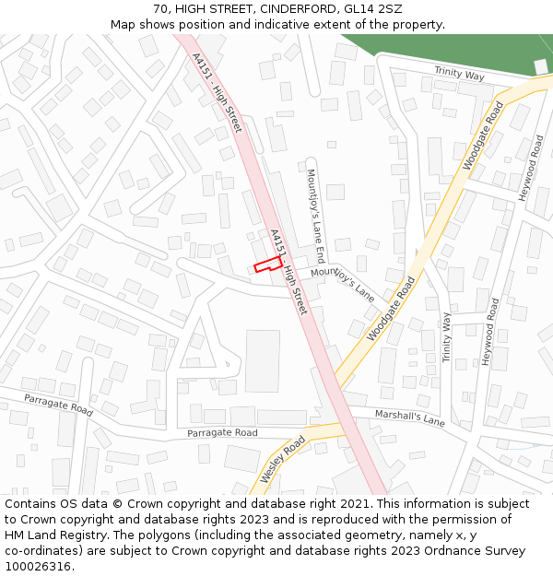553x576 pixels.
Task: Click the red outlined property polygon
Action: [x=268, y=264]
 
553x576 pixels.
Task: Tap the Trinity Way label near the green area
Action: [x=459, y=75]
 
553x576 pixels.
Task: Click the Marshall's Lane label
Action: [x=409, y=418]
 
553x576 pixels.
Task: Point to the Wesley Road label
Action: [x=282, y=459]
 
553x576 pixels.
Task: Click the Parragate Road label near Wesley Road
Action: [x=222, y=432]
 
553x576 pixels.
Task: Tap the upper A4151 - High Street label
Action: [x=217, y=92]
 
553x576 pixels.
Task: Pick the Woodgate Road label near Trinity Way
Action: [x=483, y=137]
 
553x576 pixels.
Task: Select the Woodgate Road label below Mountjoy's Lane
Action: [x=392, y=310]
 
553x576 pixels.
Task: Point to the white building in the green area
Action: [x=542, y=66]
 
